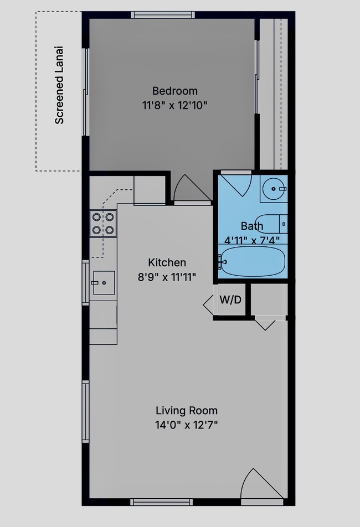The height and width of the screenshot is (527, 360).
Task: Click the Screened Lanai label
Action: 59,85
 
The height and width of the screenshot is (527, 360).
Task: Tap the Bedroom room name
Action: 175,91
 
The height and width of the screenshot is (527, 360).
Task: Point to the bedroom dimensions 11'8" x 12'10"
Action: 175,106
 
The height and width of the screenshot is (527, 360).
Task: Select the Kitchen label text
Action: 167,262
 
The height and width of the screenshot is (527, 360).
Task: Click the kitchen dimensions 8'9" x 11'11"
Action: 167,277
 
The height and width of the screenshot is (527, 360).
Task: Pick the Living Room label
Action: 187,410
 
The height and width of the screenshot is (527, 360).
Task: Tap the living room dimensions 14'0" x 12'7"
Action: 187,425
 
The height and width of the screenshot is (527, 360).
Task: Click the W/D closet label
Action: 230,299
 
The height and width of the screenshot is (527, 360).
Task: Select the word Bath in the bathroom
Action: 252,226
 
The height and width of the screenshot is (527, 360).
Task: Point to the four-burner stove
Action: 103,224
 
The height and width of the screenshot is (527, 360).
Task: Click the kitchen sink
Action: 104,283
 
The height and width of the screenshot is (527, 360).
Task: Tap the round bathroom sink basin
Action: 274,189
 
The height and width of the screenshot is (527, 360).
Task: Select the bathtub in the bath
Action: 252,262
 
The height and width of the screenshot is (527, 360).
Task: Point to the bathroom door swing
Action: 237,185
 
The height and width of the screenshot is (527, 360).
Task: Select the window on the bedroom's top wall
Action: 163,15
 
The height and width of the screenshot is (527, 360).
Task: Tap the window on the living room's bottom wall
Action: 162,502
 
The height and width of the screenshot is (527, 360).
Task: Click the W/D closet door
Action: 209,304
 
